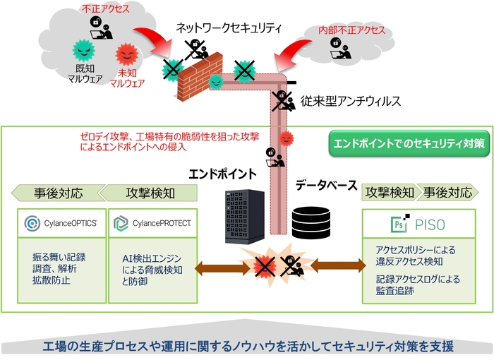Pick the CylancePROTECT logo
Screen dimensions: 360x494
(x=152, y=224)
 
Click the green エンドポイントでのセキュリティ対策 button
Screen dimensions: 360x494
(x=409, y=143)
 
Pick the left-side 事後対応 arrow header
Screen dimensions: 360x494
(x=55, y=193)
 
